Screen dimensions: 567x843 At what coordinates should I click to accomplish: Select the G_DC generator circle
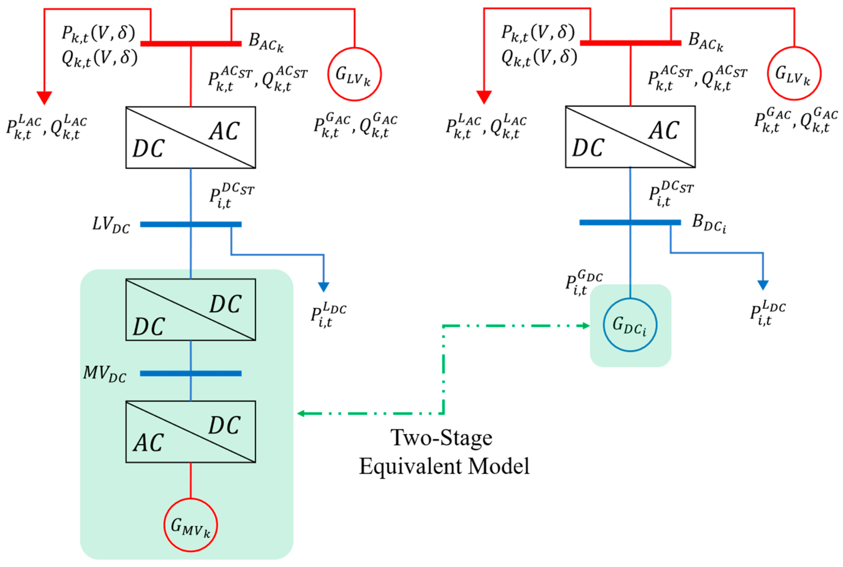click(630, 324)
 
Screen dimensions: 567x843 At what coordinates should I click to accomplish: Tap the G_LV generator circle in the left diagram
click(354, 74)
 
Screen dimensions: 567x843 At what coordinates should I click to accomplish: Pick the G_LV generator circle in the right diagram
click(794, 73)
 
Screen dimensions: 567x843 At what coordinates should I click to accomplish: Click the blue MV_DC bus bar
click(191, 374)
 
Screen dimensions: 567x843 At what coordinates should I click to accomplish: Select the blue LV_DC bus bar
click(191, 224)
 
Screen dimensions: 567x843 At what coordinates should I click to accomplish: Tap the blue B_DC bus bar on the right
click(630, 222)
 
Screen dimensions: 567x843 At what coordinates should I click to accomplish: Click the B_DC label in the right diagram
click(708, 224)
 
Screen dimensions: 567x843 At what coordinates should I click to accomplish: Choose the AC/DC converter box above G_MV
click(191, 431)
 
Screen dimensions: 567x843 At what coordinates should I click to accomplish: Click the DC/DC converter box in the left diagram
click(191, 310)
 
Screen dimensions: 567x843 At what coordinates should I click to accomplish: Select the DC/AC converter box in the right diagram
click(630, 137)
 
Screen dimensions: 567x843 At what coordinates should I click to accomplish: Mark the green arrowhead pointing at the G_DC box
click(586, 325)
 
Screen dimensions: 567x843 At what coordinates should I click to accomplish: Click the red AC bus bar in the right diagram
click(630, 43)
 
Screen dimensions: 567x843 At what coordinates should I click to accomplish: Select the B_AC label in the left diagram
click(266, 42)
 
